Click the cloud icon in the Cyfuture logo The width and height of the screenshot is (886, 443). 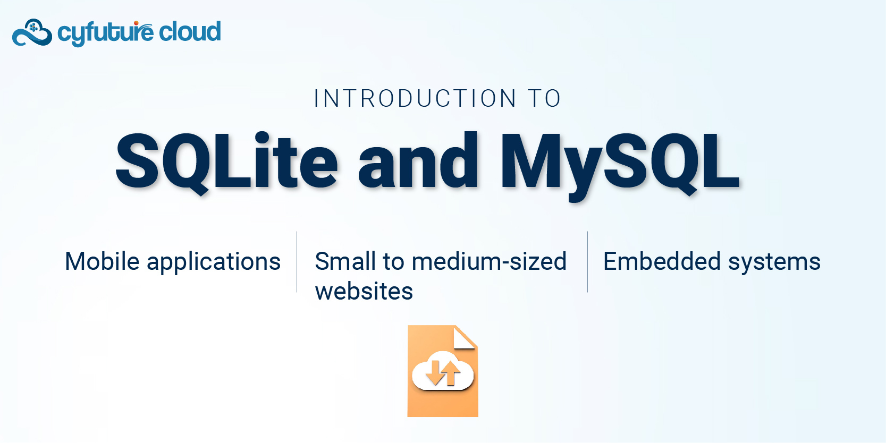[32, 32]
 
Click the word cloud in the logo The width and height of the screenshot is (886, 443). [190, 32]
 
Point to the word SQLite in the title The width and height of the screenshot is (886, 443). [226, 162]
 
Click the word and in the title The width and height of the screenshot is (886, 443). [418, 161]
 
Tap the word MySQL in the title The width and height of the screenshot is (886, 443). [620, 166]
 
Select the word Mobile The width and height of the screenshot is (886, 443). [102, 261]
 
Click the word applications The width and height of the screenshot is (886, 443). [214, 263]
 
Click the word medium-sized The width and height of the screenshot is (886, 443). [490, 261]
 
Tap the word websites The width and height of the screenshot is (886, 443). [364, 291]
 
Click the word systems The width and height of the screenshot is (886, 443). [774, 263]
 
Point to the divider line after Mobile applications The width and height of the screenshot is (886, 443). [297, 262]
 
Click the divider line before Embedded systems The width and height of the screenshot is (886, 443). [587, 262]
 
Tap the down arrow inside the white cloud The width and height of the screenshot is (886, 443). [434, 373]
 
